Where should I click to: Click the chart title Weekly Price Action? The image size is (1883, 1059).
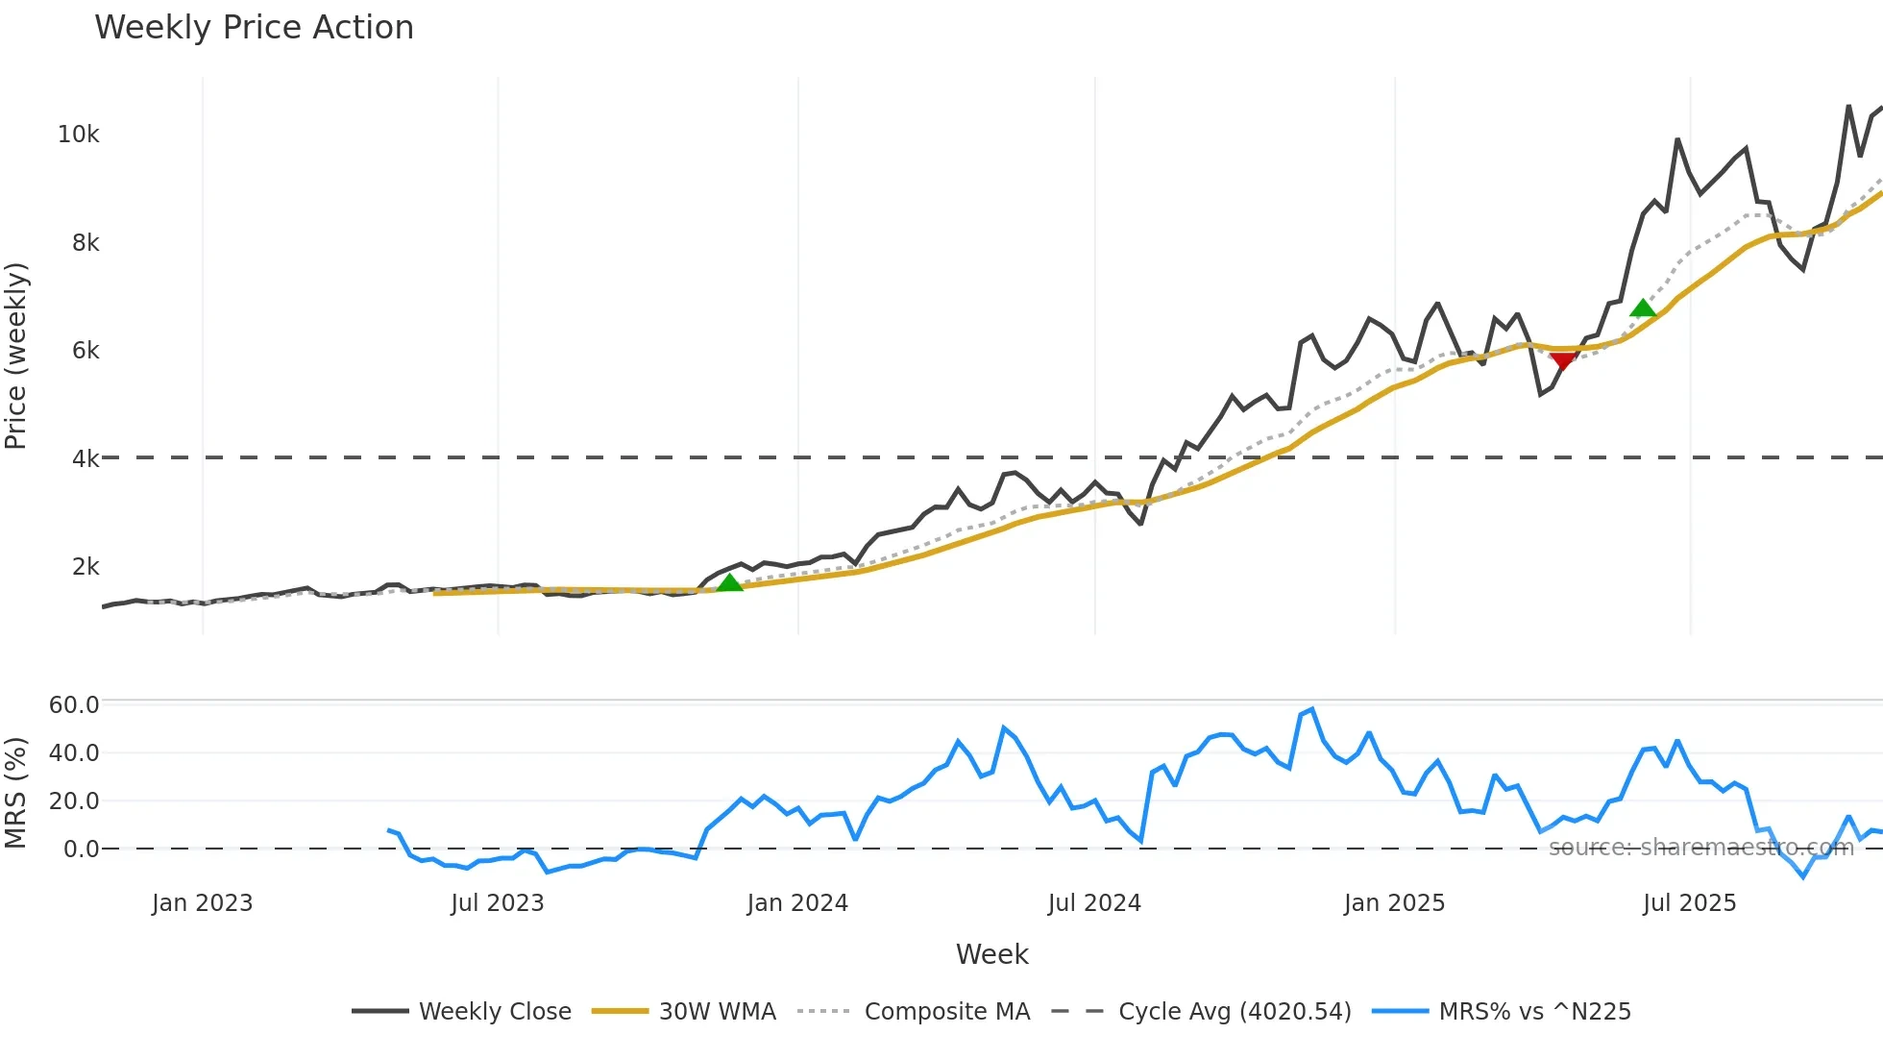tap(254, 28)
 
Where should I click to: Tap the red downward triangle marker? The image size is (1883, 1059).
tap(1563, 360)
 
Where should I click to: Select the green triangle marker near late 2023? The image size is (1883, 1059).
tap(730, 582)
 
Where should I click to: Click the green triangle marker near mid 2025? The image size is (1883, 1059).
tap(1643, 308)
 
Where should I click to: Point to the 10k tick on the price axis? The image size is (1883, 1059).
tap(78, 135)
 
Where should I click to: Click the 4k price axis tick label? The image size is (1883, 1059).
tap(85, 458)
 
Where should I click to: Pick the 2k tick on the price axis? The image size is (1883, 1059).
tap(85, 567)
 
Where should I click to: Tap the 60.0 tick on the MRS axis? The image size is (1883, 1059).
tap(74, 705)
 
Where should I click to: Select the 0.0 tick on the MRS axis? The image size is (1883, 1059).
tap(81, 850)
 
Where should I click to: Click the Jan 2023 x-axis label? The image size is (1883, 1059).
tap(202, 903)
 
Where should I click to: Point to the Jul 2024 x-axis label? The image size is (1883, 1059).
tap(1094, 903)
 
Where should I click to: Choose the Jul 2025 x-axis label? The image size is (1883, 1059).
tap(1689, 903)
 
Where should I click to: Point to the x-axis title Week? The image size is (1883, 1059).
tap(991, 954)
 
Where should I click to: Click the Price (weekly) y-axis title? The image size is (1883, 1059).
tap(16, 356)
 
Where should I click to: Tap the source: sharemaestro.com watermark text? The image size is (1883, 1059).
tap(1700, 848)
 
